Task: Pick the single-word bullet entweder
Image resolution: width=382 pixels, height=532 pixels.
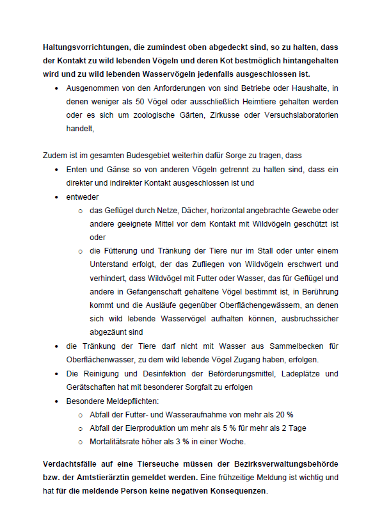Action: click(82, 197)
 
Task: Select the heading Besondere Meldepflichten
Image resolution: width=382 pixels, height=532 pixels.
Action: click(107, 401)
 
